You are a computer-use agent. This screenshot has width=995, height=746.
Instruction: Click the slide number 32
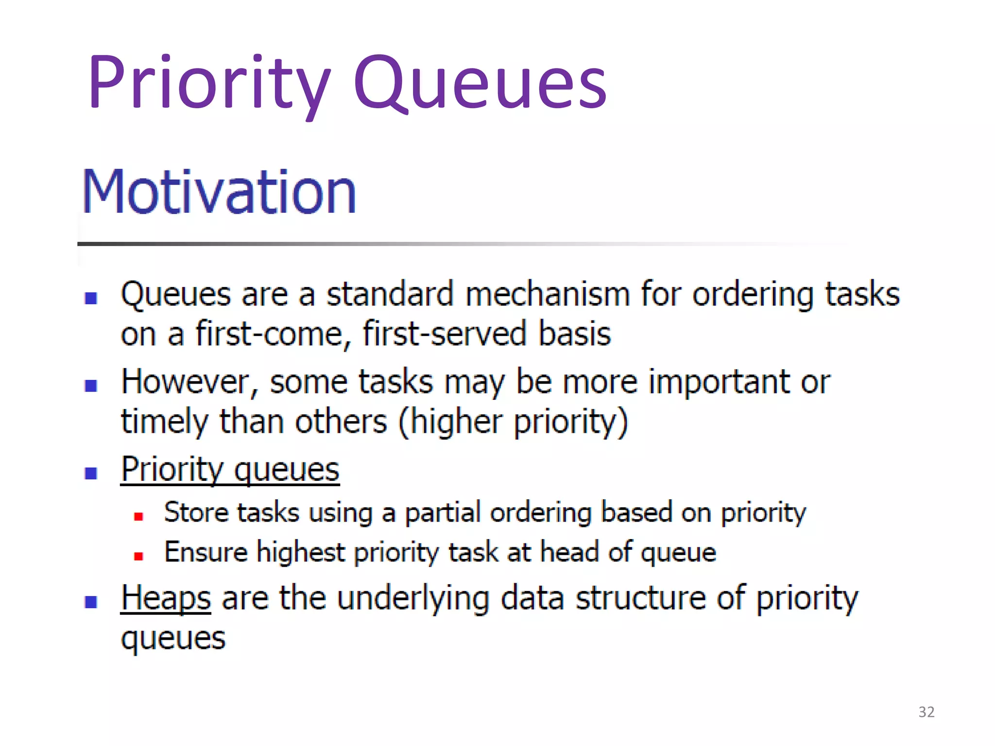coord(926,712)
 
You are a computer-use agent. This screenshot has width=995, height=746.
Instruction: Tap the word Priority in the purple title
coord(209,83)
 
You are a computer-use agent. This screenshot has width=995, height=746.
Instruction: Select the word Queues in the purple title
coord(480,83)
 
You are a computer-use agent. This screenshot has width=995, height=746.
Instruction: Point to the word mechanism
coord(547,294)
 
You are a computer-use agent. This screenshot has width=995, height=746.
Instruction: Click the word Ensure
coord(206,552)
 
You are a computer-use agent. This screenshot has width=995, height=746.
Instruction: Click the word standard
coord(390,294)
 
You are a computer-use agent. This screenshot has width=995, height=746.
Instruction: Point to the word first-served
coord(444,334)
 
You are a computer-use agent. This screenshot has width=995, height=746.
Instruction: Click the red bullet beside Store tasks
coord(138,516)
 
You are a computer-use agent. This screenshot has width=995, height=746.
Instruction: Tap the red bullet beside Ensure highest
coord(138,556)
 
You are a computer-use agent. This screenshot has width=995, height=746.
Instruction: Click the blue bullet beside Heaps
coord(91,602)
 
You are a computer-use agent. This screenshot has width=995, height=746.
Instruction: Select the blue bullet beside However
coord(91,386)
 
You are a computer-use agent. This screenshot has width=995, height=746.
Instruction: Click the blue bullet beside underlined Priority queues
coord(91,473)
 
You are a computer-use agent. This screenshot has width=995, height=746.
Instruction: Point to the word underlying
coord(412,599)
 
